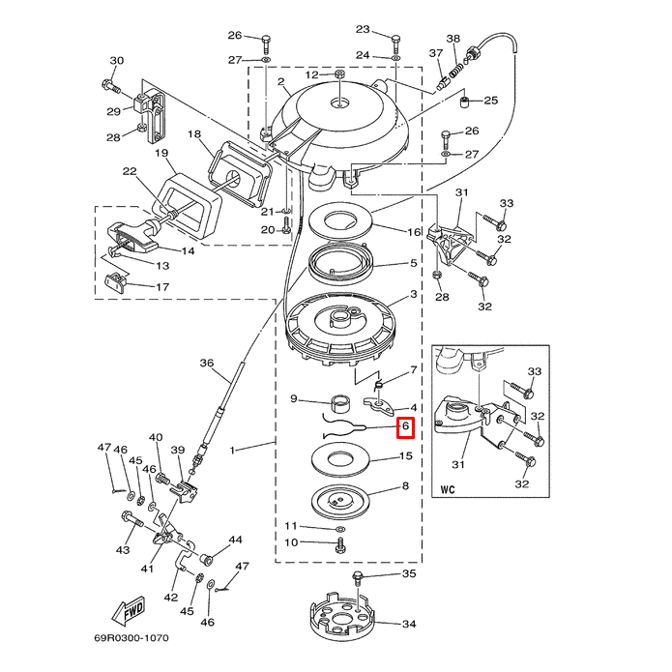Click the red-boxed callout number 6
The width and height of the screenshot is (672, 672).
(406, 426)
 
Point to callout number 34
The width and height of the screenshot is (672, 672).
(408, 625)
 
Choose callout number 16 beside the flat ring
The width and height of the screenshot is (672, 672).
(414, 232)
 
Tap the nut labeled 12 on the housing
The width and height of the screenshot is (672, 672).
(340, 74)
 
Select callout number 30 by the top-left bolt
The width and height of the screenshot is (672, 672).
(116, 62)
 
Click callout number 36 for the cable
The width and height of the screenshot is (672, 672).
(206, 363)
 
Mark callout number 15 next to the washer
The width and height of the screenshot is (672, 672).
(406, 455)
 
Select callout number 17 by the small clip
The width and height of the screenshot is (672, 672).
(161, 287)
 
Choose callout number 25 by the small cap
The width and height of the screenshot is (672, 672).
(490, 101)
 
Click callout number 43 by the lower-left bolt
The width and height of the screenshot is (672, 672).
(123, 550)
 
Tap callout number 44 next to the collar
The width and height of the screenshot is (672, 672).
(235, 540)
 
